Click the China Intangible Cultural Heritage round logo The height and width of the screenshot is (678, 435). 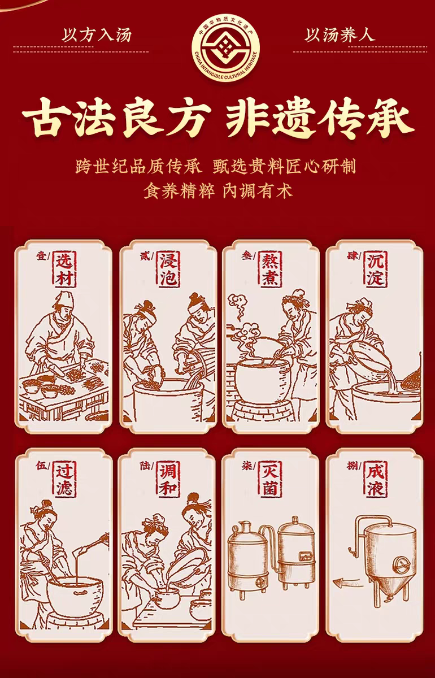[225, 49]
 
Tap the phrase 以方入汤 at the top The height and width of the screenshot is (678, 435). [97, 35]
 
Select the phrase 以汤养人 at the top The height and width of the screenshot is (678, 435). [340, 35]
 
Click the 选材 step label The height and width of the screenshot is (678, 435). [65, 269]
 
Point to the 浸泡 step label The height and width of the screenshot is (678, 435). [169, 269]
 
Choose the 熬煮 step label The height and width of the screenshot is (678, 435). [271, 269]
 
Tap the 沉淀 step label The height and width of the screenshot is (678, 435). [375, 269]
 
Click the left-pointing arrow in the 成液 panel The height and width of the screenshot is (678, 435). [348, 581]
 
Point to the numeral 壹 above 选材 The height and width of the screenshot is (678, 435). [41, 257]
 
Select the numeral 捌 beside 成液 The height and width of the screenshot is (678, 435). [353, 466]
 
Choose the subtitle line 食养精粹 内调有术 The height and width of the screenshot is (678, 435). [218, 191]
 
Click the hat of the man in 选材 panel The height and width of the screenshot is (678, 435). [65, 300]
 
